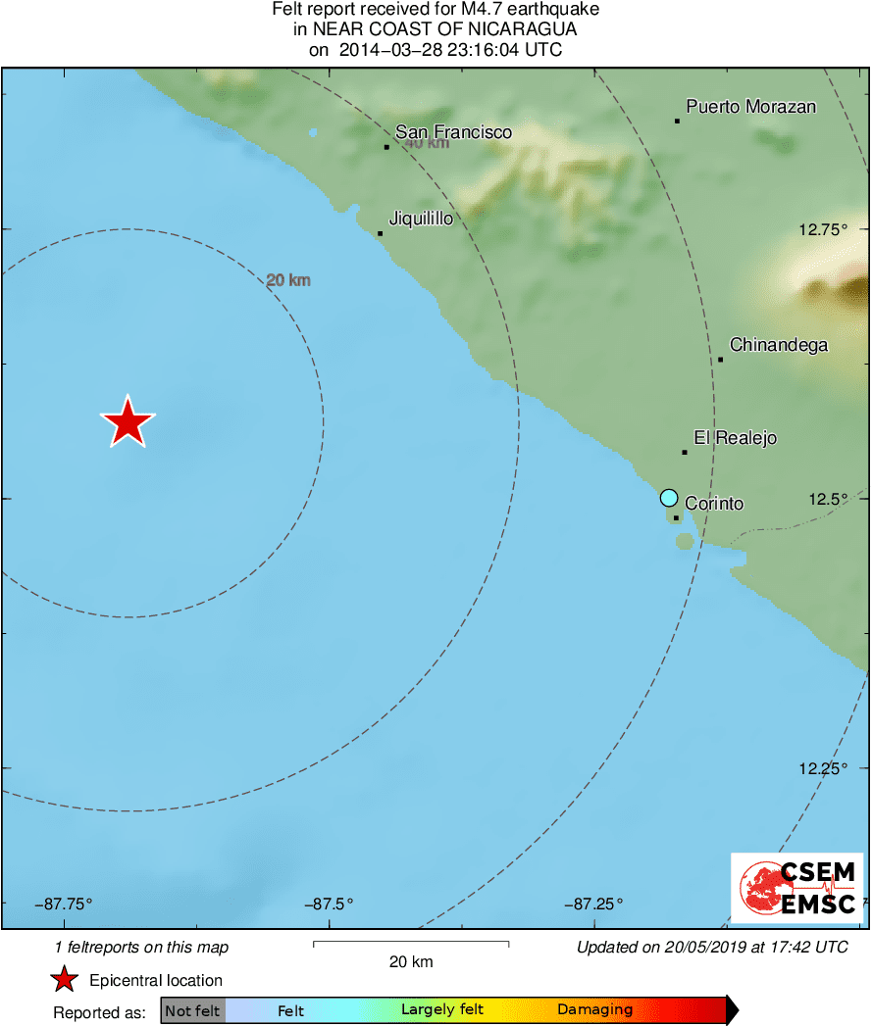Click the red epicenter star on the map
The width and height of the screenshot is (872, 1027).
(128, 423)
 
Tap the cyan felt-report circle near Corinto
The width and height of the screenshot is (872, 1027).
(669, 497)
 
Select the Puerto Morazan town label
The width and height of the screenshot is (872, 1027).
(750, 107)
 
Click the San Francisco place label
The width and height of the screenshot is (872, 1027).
(453, 132)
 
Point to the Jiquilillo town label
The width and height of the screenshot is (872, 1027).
(421, 219)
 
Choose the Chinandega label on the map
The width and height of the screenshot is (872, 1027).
(779, 345)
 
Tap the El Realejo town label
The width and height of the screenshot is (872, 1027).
(735, 438)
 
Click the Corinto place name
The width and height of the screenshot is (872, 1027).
(714, 504)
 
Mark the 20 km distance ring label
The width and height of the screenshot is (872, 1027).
(288, 281)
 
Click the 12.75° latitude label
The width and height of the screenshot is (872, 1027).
(822, 230)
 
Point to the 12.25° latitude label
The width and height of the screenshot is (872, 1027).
(822, 768)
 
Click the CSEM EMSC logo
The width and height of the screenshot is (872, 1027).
(797, 888)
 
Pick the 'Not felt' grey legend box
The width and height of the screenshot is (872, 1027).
(192, 1010)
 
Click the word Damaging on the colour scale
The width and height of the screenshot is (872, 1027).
(594, 1010)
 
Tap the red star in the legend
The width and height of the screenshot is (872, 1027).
(65, 980)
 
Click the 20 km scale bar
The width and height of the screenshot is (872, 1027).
(410, 944)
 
